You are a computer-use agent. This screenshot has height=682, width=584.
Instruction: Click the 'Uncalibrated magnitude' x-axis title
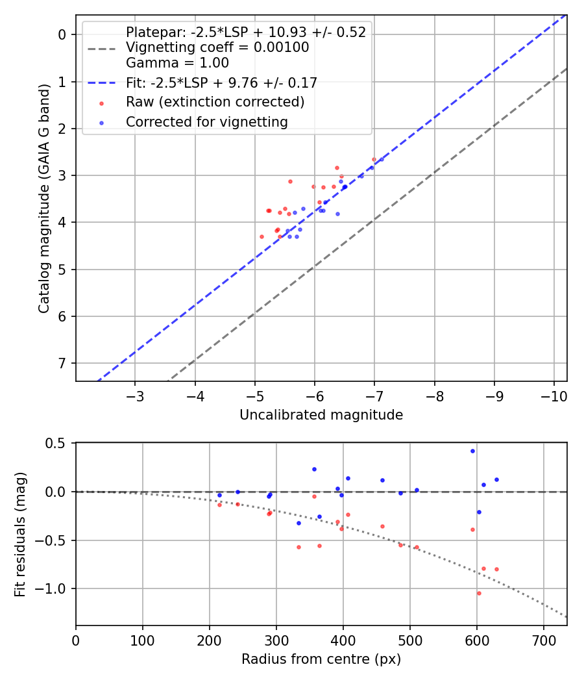pyautogui.click(x=321, y=415)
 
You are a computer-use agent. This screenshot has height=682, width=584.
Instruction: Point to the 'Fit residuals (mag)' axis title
pyautogui.click(x=20, y=534)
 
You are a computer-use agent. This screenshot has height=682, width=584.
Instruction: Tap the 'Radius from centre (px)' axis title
pyautogui.click(x=321, y=659)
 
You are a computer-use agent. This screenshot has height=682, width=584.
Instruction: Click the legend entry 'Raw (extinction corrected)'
pyautogui.click(x=215, y=102)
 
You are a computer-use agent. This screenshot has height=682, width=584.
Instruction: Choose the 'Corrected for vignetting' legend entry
pyautogui.click(x=207, y=121)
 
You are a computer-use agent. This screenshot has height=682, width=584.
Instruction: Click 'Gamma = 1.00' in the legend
pyautogui.click(x=177, y=63)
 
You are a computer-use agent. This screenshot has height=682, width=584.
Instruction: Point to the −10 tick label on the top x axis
pyautogui.click(x=554, y=396)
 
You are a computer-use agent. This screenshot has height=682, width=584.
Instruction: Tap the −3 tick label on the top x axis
pyautogui.click(x=136, y=396)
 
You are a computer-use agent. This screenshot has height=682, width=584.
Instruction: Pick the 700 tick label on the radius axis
pyautogui.click(x=544, y=640)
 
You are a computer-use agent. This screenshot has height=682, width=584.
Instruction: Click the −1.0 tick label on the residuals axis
pyautogui.click(x=55, y=588)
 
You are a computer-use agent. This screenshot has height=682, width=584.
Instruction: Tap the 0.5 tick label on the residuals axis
pyautogui.click(x=58, y=443)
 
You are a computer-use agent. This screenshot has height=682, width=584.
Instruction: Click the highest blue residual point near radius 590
pyautogui.click(x=472, y=451)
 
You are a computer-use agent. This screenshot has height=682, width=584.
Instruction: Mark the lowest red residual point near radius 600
pyautogui.click(x=479, y=593)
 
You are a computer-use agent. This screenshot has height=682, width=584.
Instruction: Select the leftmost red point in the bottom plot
pyautogui.click(x=219, y=505)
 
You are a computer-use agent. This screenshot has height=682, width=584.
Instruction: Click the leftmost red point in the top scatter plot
pyautogui.click(x=262, y=236)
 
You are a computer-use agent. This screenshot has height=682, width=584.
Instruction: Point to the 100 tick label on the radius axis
pyautogui.click(x=143, y=640)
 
